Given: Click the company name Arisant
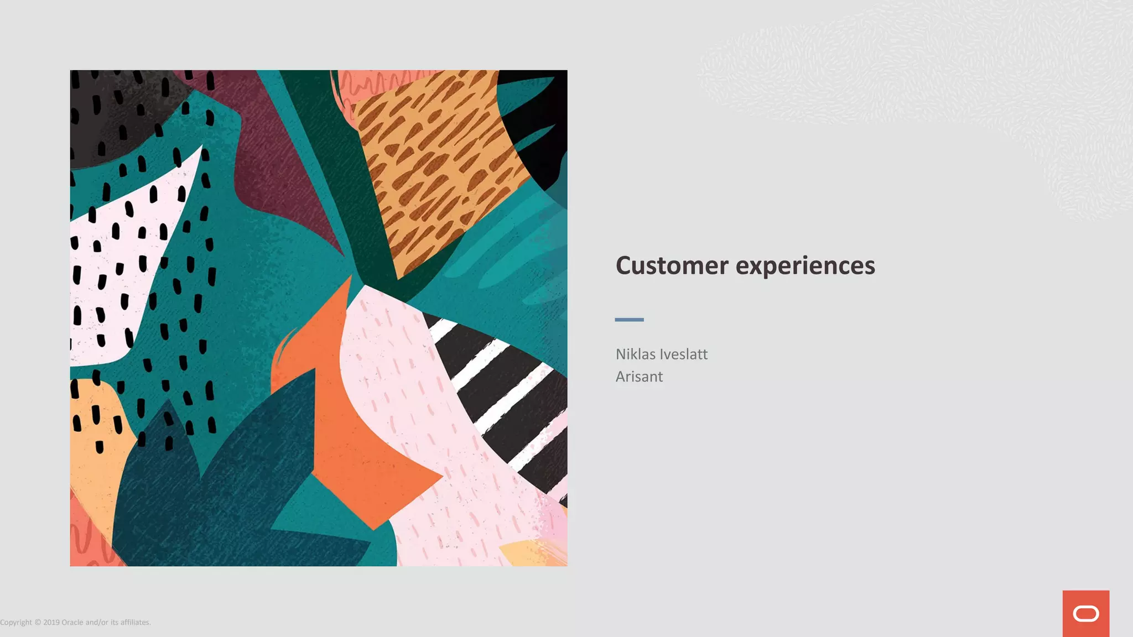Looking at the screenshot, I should [x=639, y=377].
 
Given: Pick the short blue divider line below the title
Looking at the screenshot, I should [x=629, y=320].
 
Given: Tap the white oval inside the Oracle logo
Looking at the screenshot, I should [x=1085, y=614].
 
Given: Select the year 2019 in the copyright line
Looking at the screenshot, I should [x=51, y=623].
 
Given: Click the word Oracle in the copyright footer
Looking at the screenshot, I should [x=72, y=623].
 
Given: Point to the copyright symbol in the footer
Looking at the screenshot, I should [x=38, y=623].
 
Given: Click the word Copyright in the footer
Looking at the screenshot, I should [x=16, y=623].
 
